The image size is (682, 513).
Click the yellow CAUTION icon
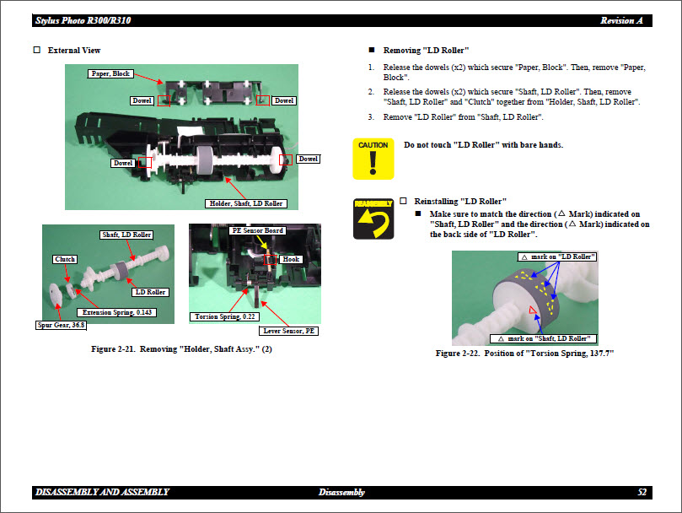pos(373,159)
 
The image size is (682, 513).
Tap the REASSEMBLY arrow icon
pos(373,219)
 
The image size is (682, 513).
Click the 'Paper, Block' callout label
pos(110,74)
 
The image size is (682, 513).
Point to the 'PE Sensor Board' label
pos(257,230)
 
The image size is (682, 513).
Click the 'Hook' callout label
pos(291,259)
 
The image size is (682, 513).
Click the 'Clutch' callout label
pos(65,259)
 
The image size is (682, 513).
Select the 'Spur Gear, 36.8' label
pos(59,324)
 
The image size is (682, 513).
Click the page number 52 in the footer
pos(642,492)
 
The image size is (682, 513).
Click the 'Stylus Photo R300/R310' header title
pos(83,20)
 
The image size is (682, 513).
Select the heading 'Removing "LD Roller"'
pos(426,51)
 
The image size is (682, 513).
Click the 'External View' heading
pos(73,51)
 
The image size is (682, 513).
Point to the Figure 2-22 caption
pos(524,353)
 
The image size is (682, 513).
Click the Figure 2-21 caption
pos(181,349)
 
